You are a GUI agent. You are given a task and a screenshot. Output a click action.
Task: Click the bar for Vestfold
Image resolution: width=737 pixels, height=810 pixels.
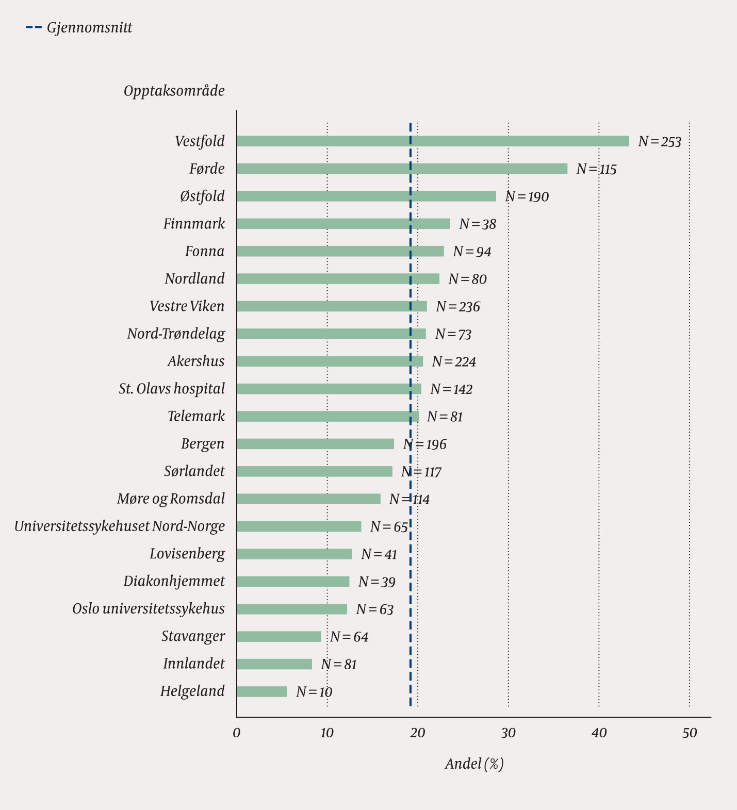point(433,141)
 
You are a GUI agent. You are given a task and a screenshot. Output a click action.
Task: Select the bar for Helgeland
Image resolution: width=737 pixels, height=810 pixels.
point(262,691)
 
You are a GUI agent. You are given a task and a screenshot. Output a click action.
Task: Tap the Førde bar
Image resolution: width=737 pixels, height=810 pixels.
point(402,169)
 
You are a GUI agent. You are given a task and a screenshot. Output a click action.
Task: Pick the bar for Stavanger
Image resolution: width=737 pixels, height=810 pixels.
point(279,637)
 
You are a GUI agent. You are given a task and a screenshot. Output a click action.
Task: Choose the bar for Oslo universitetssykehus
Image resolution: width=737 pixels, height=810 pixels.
point(292,609)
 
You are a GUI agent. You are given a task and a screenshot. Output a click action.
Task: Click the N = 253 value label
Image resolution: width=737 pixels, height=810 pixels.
point(660,142)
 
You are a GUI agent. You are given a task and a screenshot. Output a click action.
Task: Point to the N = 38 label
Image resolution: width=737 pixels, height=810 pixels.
point(478,224)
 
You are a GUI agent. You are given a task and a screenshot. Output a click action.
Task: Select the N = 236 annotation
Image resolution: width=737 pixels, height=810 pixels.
point(458,307)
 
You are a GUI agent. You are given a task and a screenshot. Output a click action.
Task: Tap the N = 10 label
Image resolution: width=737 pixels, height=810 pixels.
point(314,692)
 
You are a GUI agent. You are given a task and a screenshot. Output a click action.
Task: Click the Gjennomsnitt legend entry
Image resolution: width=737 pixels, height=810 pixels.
point(79,28)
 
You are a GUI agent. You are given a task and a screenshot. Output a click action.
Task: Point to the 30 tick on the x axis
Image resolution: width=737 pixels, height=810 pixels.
point(508,733)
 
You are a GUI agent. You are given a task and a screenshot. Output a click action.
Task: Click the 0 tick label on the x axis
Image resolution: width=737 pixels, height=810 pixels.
point(237,733)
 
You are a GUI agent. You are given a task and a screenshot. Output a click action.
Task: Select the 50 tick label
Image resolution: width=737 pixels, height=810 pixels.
point(690,733)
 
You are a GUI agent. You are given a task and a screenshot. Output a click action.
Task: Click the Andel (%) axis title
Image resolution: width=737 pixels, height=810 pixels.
point(474,764)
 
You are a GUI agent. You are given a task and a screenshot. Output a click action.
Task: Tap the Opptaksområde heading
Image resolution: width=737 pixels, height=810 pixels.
point(174,91)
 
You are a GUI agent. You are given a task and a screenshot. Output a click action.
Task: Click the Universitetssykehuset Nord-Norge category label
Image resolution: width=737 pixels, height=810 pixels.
point(120,526)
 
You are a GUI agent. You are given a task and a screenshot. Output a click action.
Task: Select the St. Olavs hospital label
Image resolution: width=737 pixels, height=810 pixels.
point(172,389)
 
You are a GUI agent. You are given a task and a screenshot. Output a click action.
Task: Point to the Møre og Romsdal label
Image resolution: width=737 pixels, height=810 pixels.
point(171,499)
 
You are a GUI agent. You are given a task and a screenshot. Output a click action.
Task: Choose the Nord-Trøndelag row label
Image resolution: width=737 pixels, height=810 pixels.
point(176,334)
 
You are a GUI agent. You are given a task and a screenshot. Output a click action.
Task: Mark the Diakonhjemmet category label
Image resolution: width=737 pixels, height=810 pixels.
point(174,582)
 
